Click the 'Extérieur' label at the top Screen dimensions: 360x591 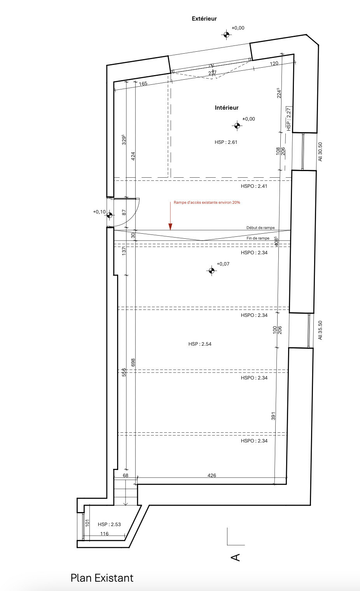click(204, 19)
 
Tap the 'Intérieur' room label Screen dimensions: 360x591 click(227, 108)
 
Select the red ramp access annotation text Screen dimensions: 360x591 click(207, 203)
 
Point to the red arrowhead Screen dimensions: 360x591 click(170, 227)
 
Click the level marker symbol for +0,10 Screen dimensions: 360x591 click(110, 215)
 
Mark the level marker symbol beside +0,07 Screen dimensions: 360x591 click(211, 271)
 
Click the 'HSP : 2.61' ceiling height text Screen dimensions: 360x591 click(226, 142)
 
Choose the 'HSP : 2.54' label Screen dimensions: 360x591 click(200, 344)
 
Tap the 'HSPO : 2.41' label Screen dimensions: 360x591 click(254, 186)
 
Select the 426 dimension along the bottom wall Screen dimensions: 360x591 click(212, 476)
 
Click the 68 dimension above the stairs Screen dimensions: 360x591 click(126, 476)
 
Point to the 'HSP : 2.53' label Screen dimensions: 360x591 click(109, 525)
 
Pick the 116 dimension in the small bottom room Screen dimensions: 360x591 click(105, 534)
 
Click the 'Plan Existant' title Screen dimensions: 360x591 click(102, 578)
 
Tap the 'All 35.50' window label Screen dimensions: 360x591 click(320, 330)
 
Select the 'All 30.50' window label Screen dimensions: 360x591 click(320, 152)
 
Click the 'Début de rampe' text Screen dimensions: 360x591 click(260, 228)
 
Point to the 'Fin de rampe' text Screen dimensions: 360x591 click(258, 238)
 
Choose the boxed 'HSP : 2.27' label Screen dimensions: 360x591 click(289, 119)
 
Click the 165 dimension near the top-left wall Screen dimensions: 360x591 click(143, 84)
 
